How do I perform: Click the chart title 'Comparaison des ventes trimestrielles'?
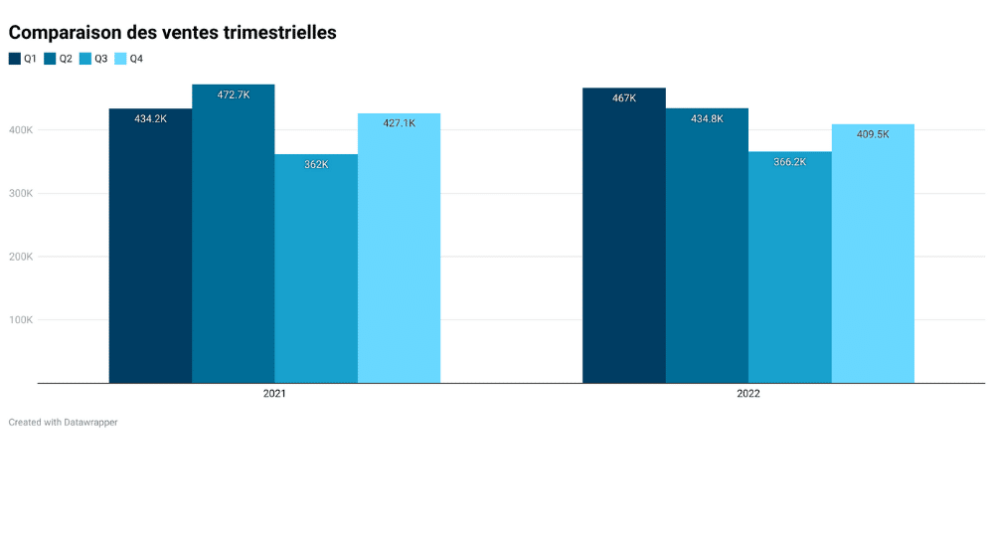point(172,33)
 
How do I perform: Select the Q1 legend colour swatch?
point(15,59)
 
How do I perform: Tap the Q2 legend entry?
point(58,59)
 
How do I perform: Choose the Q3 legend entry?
point(93,59)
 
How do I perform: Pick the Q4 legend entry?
point(129,59)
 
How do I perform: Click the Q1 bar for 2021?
point(150,249)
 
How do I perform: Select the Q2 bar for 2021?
point(233,239)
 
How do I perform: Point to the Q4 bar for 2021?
point(399,249)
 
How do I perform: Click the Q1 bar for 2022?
point(623,239)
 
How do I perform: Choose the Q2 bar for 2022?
point(707,249)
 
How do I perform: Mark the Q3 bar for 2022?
point(789,269)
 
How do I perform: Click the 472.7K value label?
point(234,95)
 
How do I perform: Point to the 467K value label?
point(624,98)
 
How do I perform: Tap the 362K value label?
point(316,165)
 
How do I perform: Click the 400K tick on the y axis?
point(21,130)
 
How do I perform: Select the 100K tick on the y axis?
point(21,320)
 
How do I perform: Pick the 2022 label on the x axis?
point(748,395)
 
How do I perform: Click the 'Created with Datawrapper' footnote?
point(63,423)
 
